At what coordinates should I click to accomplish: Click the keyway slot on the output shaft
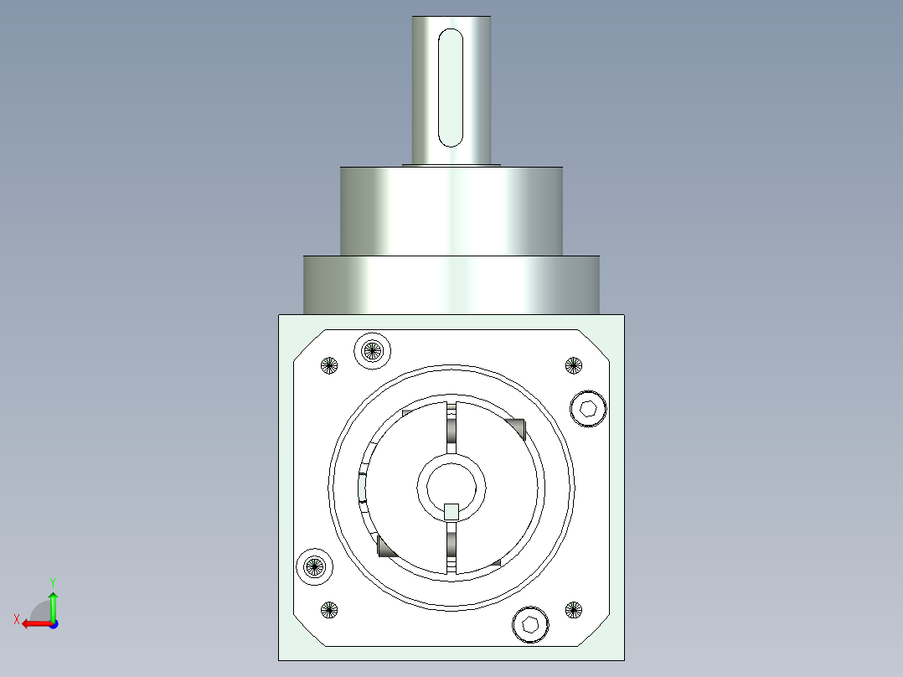tap(451, 88)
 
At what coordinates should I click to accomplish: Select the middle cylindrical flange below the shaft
tap(451, 210)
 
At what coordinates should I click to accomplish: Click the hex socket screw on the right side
tap(588, 410)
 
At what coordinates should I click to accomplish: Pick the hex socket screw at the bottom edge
tap(530, 624)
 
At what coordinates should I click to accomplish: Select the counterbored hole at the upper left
tap(373, 350)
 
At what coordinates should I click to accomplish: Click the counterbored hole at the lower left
tap(315, 566)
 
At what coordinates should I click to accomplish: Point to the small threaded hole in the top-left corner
tap(329, 364)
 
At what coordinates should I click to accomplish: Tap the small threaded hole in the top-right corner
tap(573, 364)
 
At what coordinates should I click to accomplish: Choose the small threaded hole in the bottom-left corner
tap(329, 610)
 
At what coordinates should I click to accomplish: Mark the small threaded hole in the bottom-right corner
tap(573, 610)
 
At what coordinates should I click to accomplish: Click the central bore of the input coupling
tap(451, 484)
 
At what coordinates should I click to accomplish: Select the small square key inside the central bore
tap(451, 511)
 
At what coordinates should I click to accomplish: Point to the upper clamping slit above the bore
tap(451, 427)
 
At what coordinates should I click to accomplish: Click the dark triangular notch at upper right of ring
tap(516, 426)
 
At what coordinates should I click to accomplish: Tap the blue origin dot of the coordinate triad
tap(53, 623)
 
